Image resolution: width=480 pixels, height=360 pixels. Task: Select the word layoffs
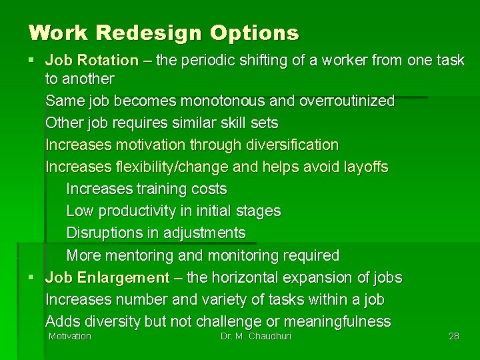point(363,167)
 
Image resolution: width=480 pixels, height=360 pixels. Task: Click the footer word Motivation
point(70,336)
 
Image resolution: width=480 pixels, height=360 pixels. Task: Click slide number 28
point(454,336)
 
